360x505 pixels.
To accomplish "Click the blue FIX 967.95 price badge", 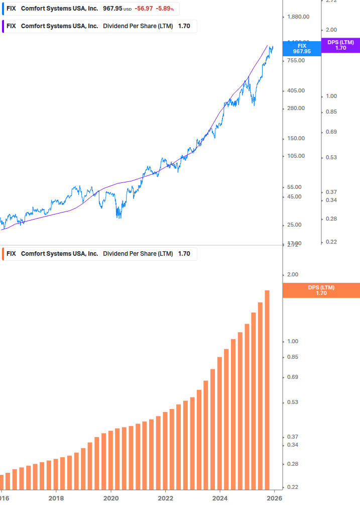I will coord(302,48).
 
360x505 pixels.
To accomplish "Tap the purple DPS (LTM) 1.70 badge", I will coord(340,45).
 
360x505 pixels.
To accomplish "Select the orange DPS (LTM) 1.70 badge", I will coord(321,290).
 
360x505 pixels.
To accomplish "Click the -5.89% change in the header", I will coord(164,9).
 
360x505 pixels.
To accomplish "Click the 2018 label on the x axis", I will coord(56,498).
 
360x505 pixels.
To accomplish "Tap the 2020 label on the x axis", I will coord(110,498).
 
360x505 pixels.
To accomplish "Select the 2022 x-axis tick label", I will coord(165,498).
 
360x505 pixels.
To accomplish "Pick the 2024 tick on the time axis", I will coord(220,498).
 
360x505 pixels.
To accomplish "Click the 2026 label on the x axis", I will coord(274,498).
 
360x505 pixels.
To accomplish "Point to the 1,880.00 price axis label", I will coord(298,17).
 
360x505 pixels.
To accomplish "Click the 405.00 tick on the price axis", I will coord(296,90).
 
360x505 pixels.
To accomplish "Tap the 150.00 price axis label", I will coord(296,138).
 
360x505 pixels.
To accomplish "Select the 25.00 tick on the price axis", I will coord(294,225).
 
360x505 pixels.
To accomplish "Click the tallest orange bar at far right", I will coord(267,389).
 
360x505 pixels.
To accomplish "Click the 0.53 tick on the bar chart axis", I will coord(292,402).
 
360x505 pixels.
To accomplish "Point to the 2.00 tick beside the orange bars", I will coord(292,274).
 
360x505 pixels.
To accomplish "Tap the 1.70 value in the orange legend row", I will coord(184,254).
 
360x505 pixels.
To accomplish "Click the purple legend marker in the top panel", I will coord(3,26).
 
